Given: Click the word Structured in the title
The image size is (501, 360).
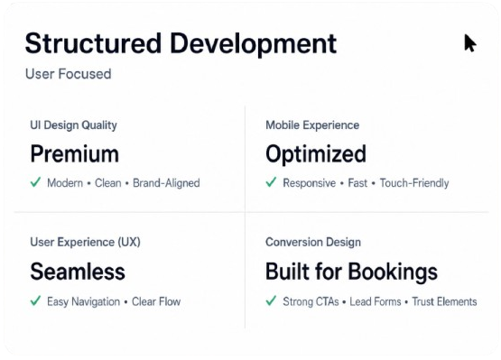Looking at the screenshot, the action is point(93,43).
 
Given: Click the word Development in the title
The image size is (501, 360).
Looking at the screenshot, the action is point(253,44).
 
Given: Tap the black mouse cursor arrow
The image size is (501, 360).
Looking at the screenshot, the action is point(470,42).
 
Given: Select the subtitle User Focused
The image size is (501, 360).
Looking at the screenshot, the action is point(69,74).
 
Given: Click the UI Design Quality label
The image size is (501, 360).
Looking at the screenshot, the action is point(73,125).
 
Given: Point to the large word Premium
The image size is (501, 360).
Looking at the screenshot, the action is point(74,154).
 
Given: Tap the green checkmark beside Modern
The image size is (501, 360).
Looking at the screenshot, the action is point(35,182).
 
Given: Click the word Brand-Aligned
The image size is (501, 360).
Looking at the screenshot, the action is point(166,183).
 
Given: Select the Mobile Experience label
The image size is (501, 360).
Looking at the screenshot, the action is point(312,125).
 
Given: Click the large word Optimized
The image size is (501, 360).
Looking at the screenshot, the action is point(316,154).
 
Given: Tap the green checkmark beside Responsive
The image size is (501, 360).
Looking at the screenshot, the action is point(271,182).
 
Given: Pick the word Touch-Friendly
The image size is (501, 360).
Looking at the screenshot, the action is point(414,183).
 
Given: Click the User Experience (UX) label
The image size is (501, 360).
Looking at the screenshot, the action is point(86,242).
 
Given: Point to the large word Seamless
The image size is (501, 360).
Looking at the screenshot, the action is point(78,272).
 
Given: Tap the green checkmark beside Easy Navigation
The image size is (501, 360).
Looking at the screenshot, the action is point(35,300).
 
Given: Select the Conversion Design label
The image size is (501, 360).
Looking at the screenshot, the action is point(313,242).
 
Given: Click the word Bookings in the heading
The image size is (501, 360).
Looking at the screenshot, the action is point(393,272).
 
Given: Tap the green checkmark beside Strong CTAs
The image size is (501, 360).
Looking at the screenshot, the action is point(271,300).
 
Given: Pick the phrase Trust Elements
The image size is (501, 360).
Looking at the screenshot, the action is point(444,301).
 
